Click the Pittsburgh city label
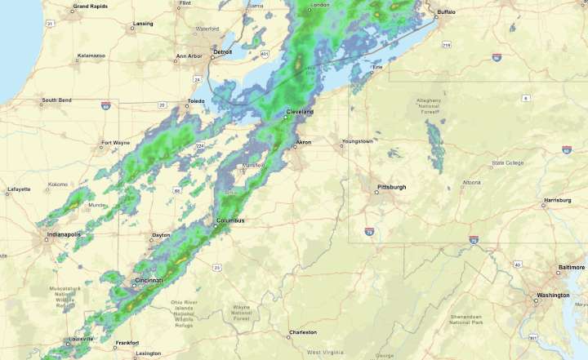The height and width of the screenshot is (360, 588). (x=392, y=187)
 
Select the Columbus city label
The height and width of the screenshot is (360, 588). (x=230, y=220)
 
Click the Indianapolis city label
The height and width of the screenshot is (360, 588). (x=63, y=234)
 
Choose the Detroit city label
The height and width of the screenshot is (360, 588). (x=222, y=51)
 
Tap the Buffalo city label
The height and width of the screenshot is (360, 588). (x=448, y=13)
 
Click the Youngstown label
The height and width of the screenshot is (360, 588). (x=358, y=140)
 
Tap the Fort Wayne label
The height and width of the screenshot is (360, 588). (x=115, y=143)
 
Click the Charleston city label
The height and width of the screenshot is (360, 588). (x=302, y=332)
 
